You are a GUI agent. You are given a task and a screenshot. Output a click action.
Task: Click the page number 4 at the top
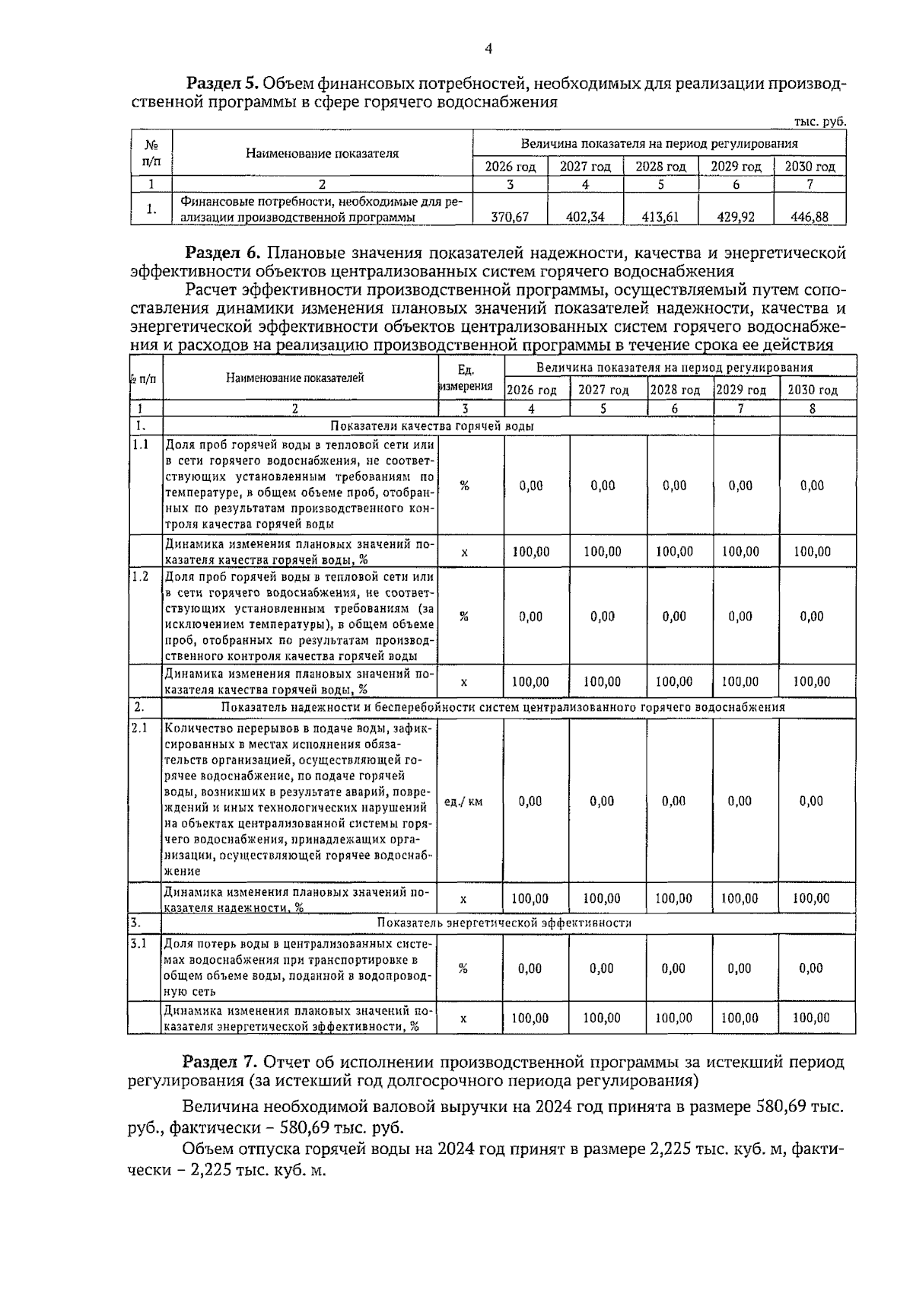(x=489, y=49)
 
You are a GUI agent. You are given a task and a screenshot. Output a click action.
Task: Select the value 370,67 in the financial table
(x=510, y=217)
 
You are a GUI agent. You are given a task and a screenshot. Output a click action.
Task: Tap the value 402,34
(x=585, y=217)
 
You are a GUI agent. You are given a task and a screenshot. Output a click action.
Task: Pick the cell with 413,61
(x=660, y=217)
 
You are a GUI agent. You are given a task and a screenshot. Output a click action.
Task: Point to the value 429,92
(x=735, y=217)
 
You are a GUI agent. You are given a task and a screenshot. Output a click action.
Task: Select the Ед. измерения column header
(x=466, y=378)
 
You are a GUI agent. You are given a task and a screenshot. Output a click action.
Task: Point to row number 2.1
(x=139, y=728)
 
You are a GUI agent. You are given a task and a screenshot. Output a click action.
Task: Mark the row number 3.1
(x=138, y=944)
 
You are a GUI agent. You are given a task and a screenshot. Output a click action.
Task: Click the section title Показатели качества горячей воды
(x=431, y=426)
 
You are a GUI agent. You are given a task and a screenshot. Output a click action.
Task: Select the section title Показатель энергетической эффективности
(x=504, y=923)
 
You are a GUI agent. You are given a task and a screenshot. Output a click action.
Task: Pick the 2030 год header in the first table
(x=810, y=167)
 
